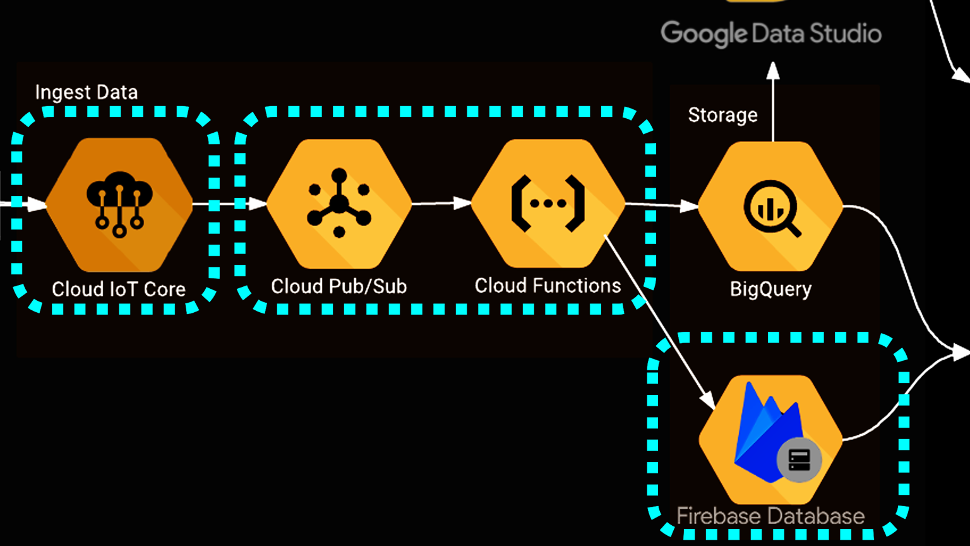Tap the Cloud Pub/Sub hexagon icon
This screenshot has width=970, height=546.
coord(339,204)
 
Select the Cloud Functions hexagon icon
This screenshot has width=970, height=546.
coord(548,203)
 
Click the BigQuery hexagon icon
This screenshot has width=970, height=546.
coord(770,206)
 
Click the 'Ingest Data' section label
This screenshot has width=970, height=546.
coord(87,92)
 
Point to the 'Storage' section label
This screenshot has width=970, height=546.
coord(722,115)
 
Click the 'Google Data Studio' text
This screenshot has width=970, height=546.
coord(770,33)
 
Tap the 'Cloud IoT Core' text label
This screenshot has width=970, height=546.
coord(119,289)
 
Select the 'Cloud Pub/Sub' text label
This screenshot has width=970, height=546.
coord(339,286)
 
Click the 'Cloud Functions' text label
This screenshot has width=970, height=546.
coord(548,286)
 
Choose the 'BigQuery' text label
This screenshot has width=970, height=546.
coord(770,289)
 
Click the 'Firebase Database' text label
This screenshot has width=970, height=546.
coord(770,516)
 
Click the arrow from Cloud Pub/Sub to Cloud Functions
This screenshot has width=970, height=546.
coord(441,203)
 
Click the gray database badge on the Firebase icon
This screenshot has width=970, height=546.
coord(799,460)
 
